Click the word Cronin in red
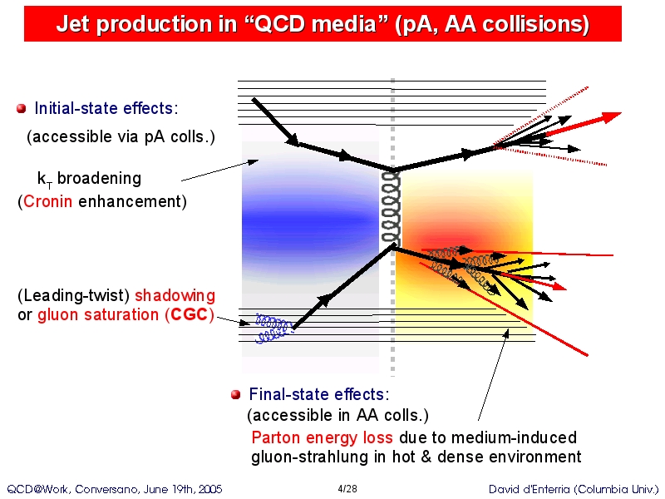coord(47,201)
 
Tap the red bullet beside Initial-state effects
coord(22,109)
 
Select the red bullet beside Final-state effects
coord(236,394)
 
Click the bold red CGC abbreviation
coord(190,314)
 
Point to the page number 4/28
coord(347,489)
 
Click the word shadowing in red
coord(175,295)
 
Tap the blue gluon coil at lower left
coord(273,328)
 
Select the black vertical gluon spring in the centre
coord(391,208)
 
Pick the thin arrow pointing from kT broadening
coord(219,170)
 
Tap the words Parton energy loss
coord(322,437)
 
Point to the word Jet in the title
coord(70,24)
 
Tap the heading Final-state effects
coord(319,394)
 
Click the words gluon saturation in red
coord(98,315)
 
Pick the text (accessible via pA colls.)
coord(121,136)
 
